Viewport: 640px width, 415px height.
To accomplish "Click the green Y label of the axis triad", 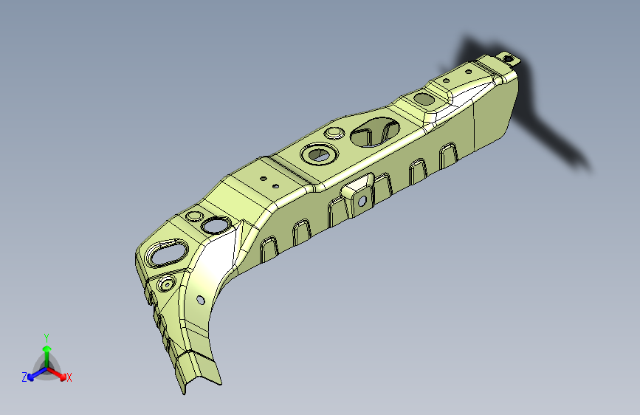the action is [x=47, y=338].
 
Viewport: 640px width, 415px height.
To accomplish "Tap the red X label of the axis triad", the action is [x=69, y=377].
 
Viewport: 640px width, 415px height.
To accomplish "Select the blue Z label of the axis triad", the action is [x=24, y=377].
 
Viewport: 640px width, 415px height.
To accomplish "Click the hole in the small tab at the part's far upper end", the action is [x=508, y=58].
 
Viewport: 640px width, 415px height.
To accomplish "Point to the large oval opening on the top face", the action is [x=375, y=131].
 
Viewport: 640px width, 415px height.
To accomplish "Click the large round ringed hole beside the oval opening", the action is [x=319, y=154].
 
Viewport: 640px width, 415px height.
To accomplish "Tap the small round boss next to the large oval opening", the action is [x=334, y=134].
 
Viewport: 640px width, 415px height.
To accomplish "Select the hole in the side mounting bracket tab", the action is [x=362, y=201].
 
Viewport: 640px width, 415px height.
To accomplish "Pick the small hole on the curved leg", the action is [x=201, y=301].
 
